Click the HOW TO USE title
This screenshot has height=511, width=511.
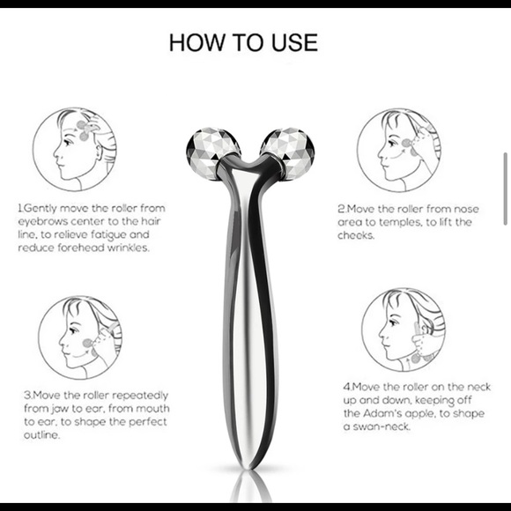point(243,41)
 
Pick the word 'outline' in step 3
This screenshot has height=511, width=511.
point(41,435)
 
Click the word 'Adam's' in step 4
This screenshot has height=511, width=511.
point(385,412)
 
